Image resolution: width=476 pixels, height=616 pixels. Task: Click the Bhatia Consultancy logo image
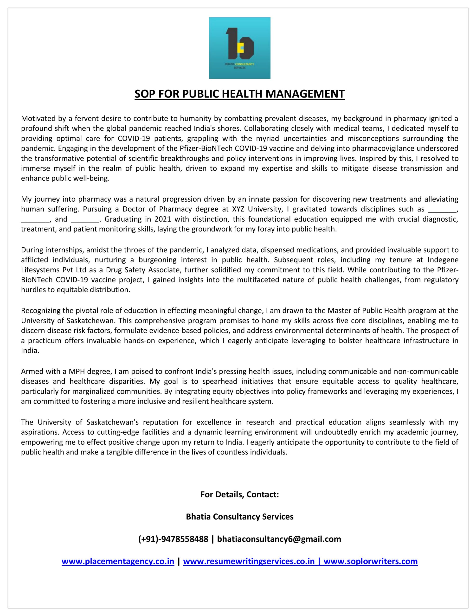(239, 48)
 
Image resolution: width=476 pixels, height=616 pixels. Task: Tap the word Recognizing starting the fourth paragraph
(41, 311)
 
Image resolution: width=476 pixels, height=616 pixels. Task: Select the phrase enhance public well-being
(65, 179)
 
